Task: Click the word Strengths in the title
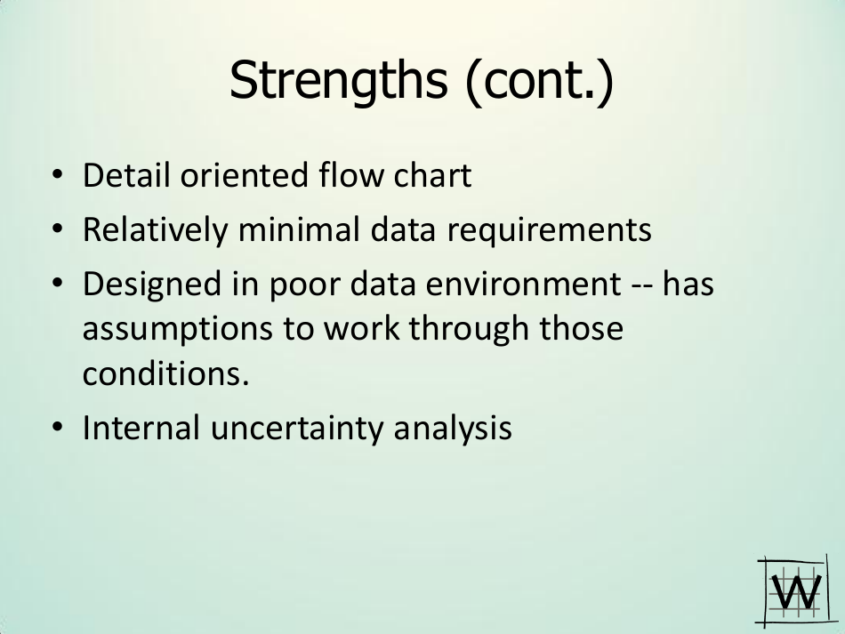click(x=338, y=80)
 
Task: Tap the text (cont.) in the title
click(x=539, y=81)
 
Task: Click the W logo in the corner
click(x=793, y=591)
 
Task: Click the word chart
click(x=433, y=174)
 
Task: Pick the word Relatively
click(x=155, y=229)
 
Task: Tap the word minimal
click(x=299, y=229)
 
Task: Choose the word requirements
click(x=549, y=230)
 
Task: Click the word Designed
click(x=152, y=285)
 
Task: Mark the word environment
click(x=523, y=285)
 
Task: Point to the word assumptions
click(x=177, y=330)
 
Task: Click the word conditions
click(x=166, y=373)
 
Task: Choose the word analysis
click(x=453, y=429)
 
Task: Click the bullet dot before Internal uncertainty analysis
click(x=57, y=427)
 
